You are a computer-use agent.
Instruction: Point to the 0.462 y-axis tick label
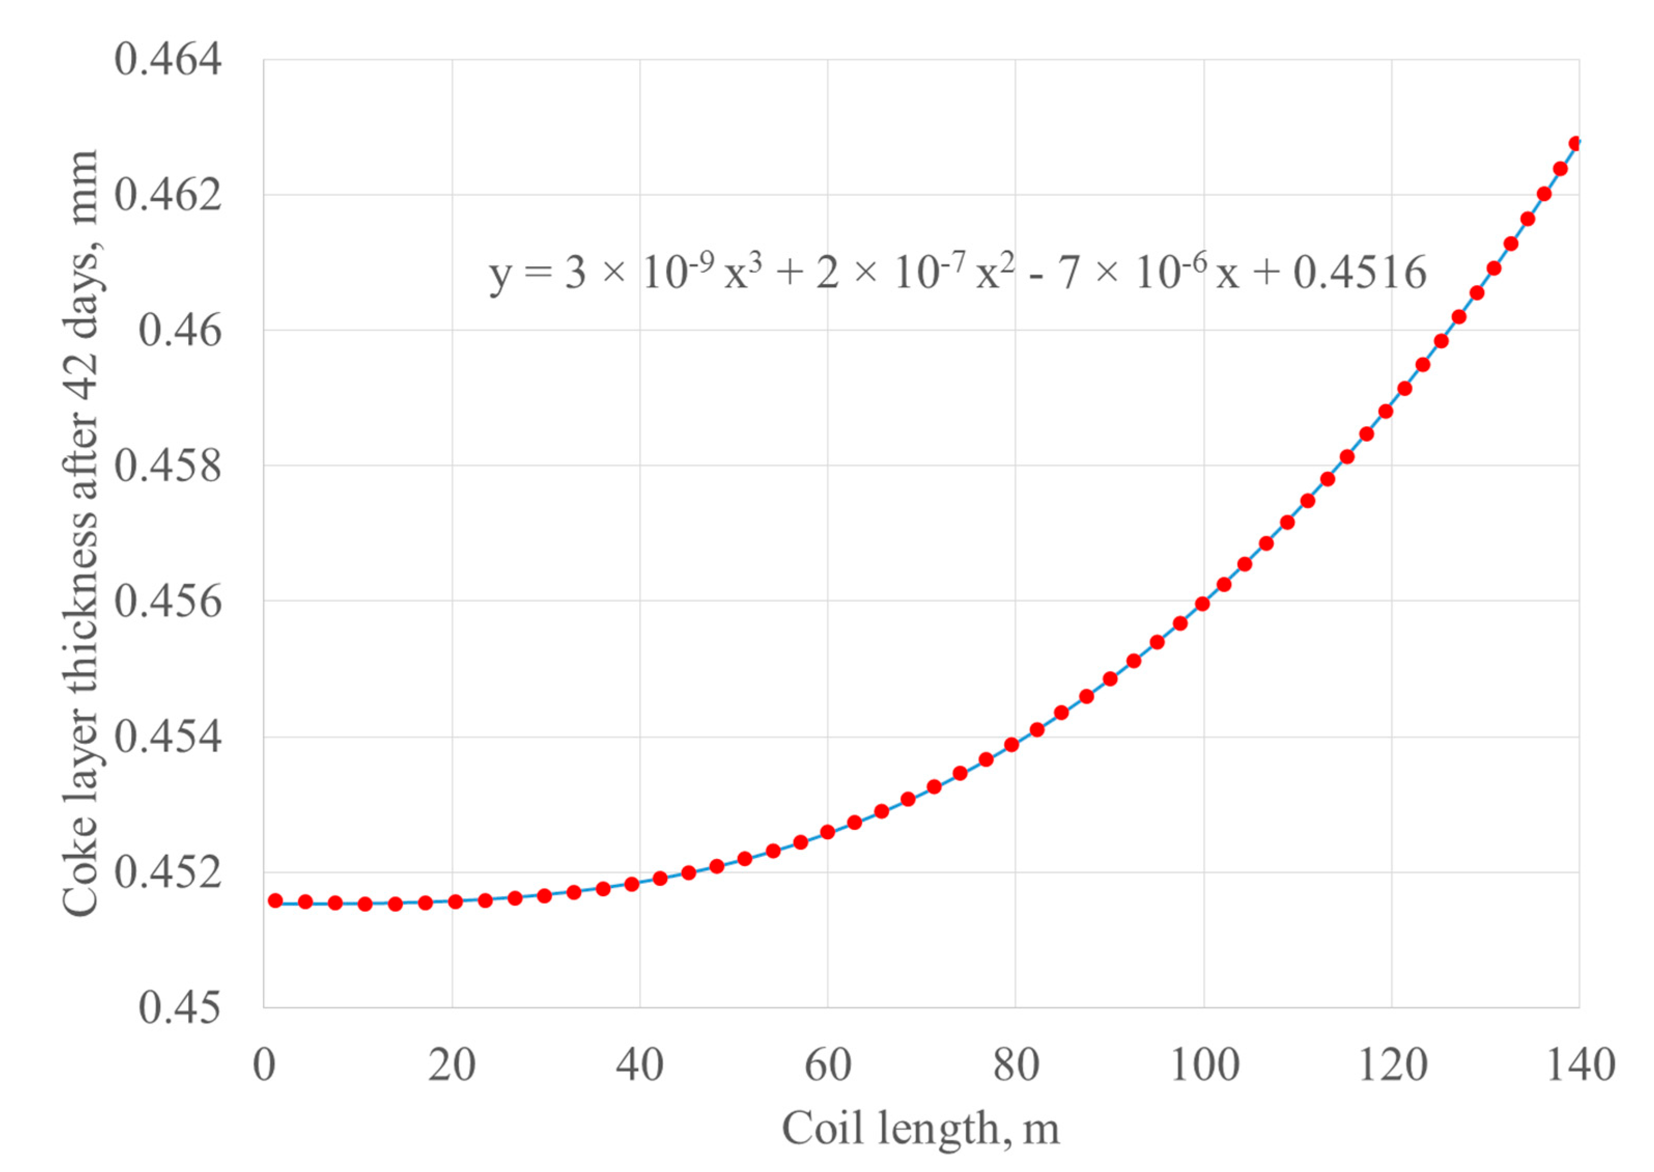(x=168, y=195)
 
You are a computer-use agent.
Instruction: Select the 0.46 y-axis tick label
(x=180, y=331)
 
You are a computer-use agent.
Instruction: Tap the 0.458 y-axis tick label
(x=168, y=465)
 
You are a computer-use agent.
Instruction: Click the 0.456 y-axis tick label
(x=168, y=601)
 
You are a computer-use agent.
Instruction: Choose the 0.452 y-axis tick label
(x=168, y=872)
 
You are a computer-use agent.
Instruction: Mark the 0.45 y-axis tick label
(x=180, y=1008)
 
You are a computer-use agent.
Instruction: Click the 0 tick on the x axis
(x=264, y=1065)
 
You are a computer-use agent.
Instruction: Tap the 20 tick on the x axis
(x=452, y=1065)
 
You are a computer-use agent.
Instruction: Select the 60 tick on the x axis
(x=828, y=1065)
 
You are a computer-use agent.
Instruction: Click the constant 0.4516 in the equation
(x=1360, y=274)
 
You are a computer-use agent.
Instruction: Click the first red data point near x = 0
(x=275, y=901)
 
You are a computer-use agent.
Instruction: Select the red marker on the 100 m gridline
(x=1202, y=604)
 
